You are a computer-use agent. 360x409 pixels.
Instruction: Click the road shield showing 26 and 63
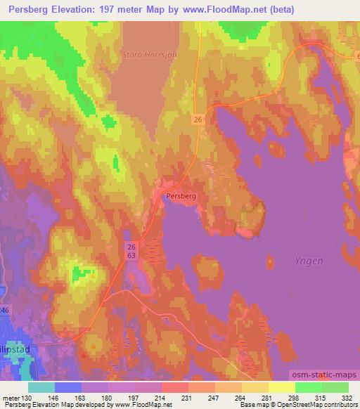[131, 252]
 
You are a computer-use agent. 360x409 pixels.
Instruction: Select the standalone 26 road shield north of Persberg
[198, 120]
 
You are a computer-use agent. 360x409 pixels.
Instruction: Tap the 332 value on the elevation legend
[348, 397]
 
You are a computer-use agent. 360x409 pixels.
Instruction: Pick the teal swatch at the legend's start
[41, 387]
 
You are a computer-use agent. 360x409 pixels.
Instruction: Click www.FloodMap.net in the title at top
[217, 10]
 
